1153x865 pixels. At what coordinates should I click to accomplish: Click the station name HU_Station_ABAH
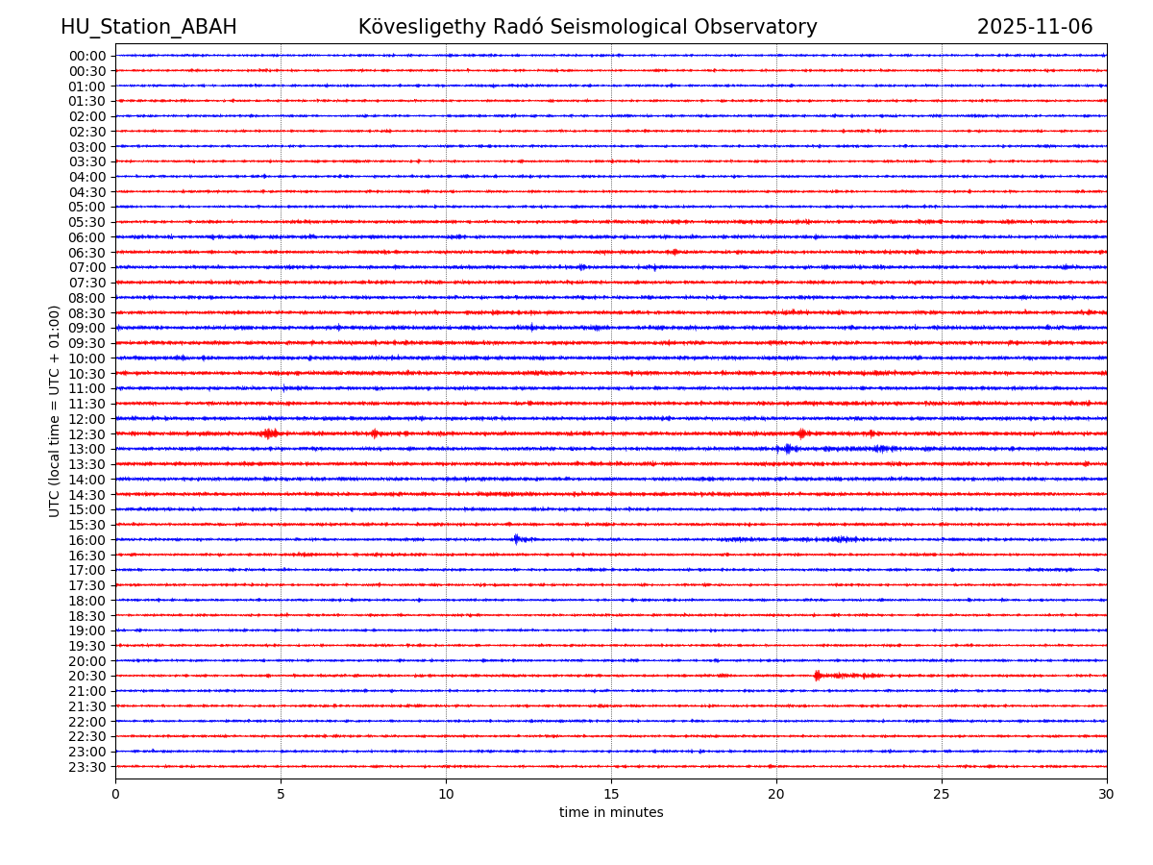(x=148, y=27)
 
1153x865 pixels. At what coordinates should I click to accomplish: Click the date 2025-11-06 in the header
(x=1035, y=27)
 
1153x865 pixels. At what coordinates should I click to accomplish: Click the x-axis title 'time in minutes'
(x=611, y=812)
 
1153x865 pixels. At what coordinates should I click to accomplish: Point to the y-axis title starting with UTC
(x=55, y=410)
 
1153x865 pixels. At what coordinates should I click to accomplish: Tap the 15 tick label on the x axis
(x=611, y=794)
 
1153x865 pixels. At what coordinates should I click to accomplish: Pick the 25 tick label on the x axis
(x=942, y=794)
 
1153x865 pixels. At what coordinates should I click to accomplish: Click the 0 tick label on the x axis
(x=115, y=794)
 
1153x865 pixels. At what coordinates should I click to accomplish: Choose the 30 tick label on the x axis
(x=1107, y=794)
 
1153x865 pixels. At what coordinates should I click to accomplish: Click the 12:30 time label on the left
(x=87, y=434)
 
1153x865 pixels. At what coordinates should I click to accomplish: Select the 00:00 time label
(x=87, y=56)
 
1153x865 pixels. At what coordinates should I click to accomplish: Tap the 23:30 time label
(x=87, y=767)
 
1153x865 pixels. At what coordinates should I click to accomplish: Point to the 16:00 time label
(x=87, y=540)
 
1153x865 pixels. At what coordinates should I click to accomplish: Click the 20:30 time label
(x=87, y=677)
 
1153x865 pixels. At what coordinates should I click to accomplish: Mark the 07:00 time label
(x=87, y=267)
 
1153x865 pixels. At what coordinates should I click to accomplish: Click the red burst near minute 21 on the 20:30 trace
(x=818, y=676)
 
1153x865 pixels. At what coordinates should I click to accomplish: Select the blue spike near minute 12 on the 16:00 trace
(x=516, y=539)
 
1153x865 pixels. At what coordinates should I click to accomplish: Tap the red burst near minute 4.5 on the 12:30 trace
(x=269, y=433)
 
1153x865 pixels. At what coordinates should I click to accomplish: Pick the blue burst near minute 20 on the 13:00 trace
(x=788, y=449)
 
